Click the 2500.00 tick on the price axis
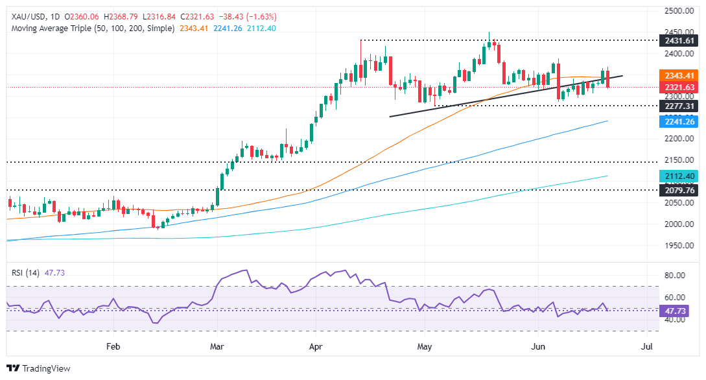(677, 11)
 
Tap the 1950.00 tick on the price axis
(677, 246)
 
